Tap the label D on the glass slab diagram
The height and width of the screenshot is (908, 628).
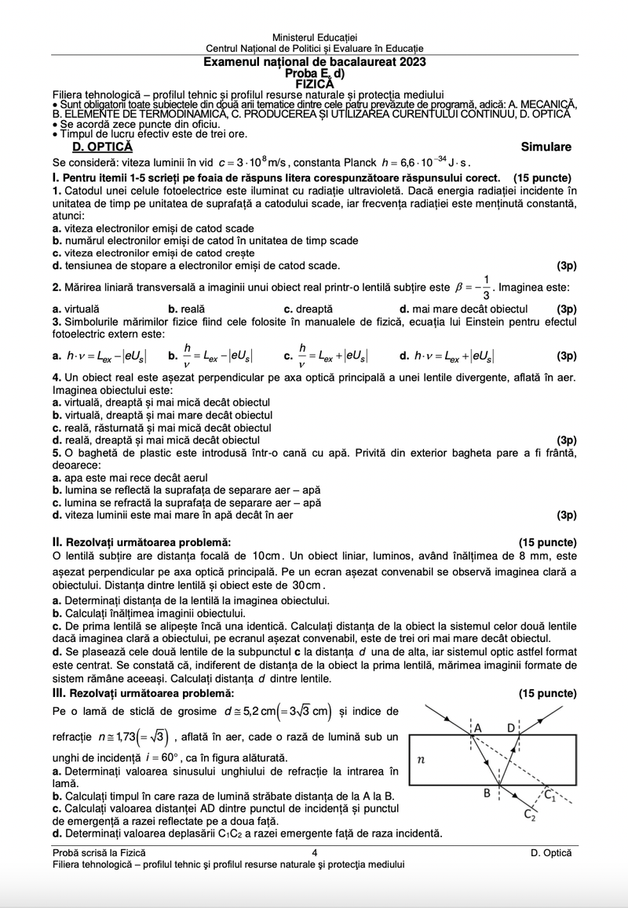[511, 726]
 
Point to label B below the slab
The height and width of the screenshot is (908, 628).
[487, 793]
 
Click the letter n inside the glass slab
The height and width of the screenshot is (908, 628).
[421, 760]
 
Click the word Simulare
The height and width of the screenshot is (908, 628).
[546, 147]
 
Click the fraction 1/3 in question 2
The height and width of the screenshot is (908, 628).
[487, 287]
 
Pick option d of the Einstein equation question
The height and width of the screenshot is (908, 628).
[447, 356]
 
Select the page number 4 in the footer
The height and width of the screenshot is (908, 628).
[314, 851]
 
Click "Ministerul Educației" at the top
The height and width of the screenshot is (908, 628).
[314, 38]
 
